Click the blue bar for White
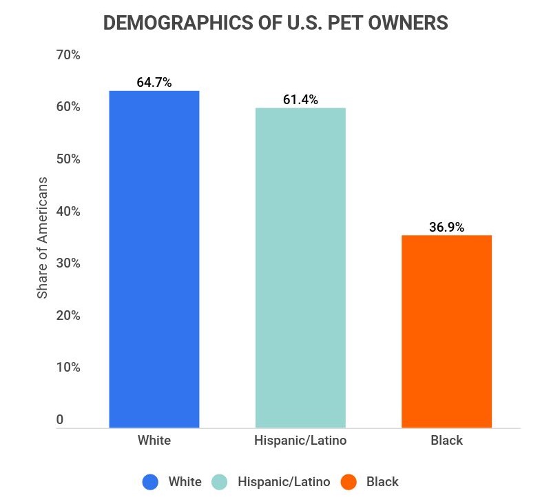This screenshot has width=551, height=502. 154,259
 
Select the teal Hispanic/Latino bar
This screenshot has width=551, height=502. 300,268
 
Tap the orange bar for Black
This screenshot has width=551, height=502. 446,332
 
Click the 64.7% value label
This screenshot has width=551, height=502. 154,83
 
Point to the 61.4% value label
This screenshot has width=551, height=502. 300,100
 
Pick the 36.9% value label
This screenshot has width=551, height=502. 446,227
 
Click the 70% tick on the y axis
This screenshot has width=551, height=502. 68,55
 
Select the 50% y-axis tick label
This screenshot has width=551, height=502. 68,159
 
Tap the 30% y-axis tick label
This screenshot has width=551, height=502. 68,263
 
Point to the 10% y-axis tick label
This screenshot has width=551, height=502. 68,368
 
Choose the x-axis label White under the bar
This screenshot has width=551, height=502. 154,440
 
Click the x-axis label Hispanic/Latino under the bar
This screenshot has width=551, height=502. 300,440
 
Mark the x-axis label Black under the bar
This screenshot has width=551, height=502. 446,440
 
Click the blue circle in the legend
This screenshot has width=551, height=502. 151,482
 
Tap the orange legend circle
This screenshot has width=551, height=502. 349,482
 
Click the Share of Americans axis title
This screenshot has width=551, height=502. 42,238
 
